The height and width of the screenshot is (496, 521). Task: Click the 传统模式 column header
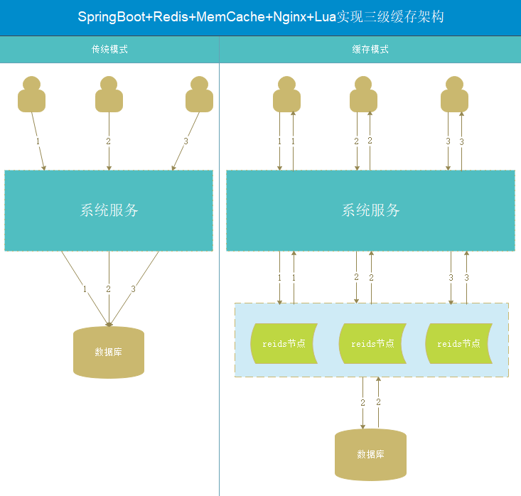coord(109,50)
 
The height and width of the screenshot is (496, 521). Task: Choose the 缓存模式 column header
coord(370,50)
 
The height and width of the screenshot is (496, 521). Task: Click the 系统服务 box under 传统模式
coord(109,210)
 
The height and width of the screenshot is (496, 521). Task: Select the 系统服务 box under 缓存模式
coord(370,210)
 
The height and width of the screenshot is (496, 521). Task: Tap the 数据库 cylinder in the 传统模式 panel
coord(109,352)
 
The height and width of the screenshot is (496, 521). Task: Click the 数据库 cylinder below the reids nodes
coord(370,454)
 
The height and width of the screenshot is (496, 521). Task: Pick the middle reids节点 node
coord(372,343)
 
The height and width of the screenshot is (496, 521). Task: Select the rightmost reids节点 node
coord(458,343)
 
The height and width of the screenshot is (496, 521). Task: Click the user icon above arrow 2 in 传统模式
coord(109,95)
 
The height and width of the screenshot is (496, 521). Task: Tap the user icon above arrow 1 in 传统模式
coord(31,95)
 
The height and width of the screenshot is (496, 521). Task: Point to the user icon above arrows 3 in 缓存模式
coord(455,95)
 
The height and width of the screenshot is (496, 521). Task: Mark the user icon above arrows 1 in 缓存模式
coord(286,95)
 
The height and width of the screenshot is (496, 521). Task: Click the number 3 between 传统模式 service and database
coord(133,289)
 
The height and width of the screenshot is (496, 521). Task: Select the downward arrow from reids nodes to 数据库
coord(363,402)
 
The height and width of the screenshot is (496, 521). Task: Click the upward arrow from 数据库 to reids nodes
coord(378,402)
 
